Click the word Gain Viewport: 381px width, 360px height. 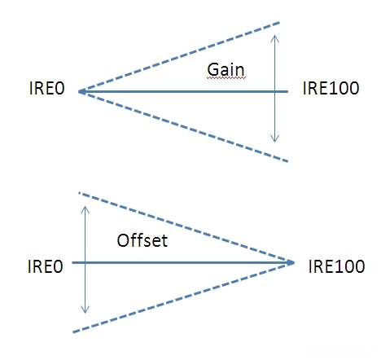[x=226, y=69]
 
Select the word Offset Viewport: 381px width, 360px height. [x=142, y=240]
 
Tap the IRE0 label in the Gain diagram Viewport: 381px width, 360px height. [x=46, y=88]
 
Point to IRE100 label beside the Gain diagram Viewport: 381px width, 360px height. [x=331, y=88]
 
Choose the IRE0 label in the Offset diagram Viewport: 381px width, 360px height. [x=46, y=266]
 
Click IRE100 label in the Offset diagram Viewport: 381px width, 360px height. [x=336, y=266]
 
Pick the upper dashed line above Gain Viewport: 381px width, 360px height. [x=179, y=56]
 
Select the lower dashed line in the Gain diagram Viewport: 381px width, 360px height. [x=183, y=127]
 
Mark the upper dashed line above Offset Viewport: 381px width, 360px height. [x=183, y=227]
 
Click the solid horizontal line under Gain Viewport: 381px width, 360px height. [x=183, y=92]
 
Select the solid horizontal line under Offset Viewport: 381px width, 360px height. [x=183, y=263]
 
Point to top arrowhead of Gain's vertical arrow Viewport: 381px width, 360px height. [x=275, y=38]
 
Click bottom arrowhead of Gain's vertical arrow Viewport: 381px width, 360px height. [x=275, y=139]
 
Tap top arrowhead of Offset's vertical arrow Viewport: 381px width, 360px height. [x=85, y=209]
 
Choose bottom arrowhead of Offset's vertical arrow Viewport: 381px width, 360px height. [x=85, y=310]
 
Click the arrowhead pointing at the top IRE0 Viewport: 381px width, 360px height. [x=82, y=92]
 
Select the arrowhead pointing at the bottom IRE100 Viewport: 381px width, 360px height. [x=291, y=263]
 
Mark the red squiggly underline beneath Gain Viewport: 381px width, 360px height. [x=226, y=78]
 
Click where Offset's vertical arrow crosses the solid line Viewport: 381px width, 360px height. [x=85, y=263]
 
